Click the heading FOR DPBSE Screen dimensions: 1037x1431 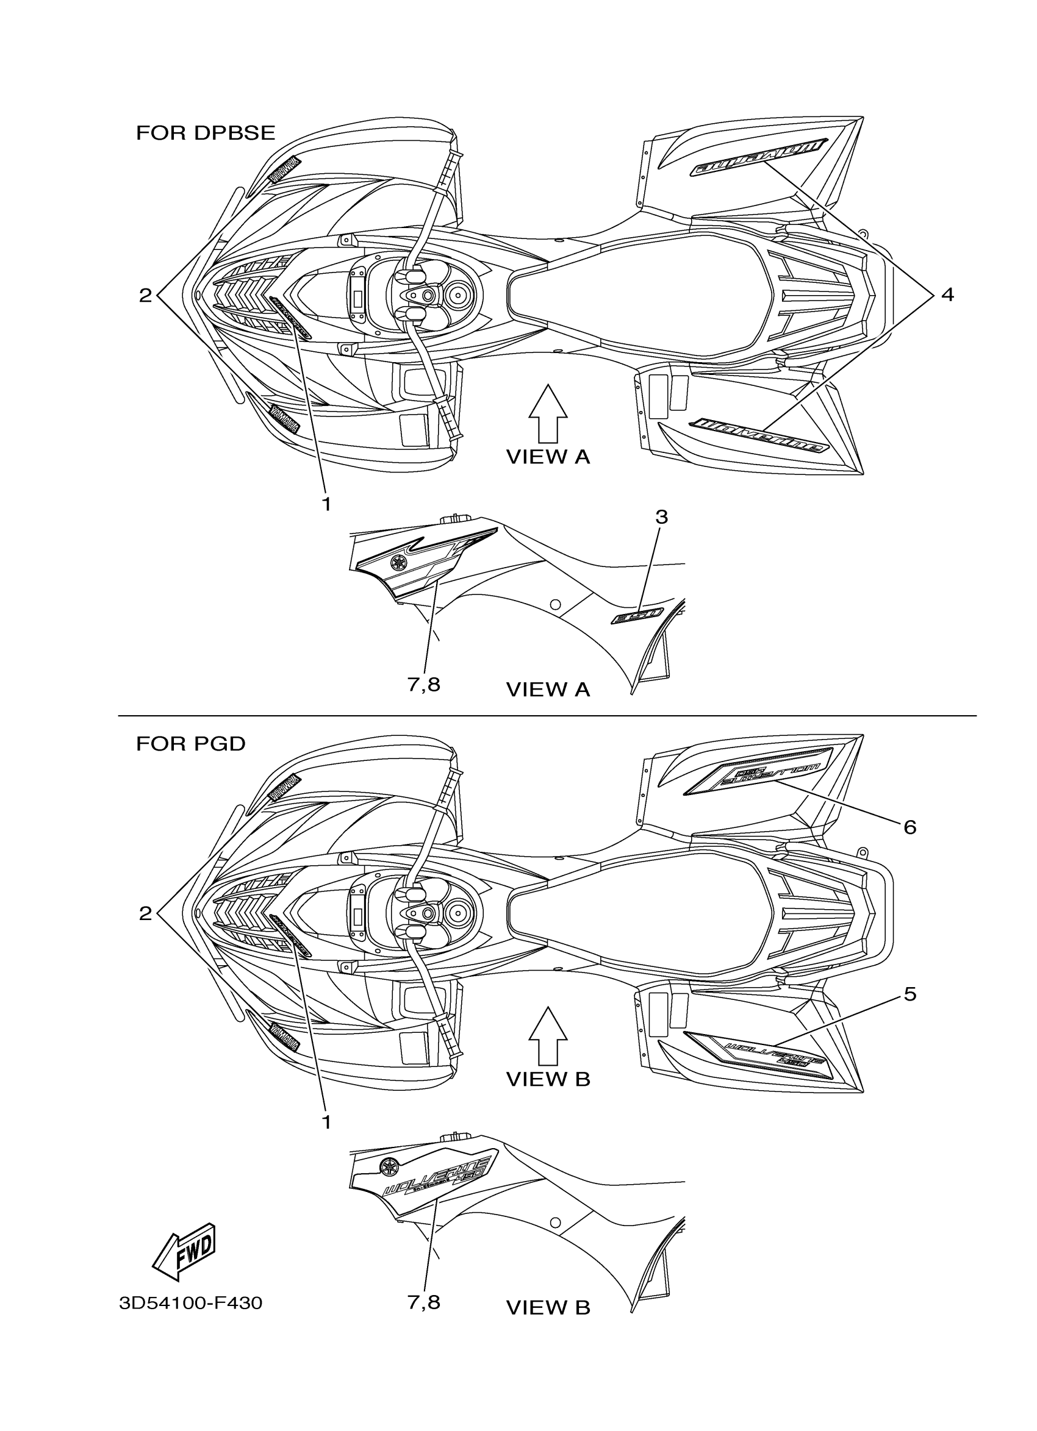[x=206, y=133]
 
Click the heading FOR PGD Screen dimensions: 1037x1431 [x=190, y=744]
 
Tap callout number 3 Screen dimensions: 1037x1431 [x=661, y=518]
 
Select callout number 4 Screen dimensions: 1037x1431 [x=947, y=294]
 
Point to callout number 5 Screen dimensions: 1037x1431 [x=910, y=994]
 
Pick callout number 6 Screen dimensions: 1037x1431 [x=910, y=827]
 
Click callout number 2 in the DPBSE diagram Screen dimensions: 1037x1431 [x=146, y=295]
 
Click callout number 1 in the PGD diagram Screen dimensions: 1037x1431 [x=326, y=1121]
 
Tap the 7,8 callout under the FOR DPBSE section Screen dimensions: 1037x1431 [x=423, y=685]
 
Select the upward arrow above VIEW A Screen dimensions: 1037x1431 [x=547, y=413]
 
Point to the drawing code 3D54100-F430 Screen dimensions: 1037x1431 [x=190, y=1302]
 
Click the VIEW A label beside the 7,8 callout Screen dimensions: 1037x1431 [x=548, y=690]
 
